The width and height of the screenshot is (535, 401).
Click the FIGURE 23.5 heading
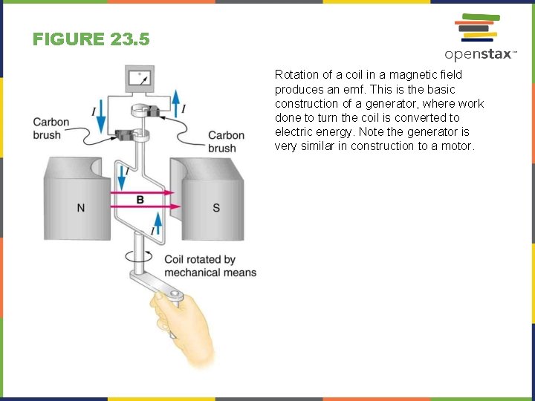tap(91, 39)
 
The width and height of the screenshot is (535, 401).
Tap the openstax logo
tap(479, 37)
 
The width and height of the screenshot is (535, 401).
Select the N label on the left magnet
tap(80, 208)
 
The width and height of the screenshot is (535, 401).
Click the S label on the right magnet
tap(216, 208)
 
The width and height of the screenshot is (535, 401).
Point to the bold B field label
tap(140, 199)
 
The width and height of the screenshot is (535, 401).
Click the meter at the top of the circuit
tap(140, 78)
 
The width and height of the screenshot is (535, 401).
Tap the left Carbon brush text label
tap(51, 128)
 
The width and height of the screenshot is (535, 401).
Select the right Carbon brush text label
tap(226, 141)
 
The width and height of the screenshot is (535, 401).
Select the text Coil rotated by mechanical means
tap(210, 266)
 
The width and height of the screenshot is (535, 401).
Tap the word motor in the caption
tap(456, 146)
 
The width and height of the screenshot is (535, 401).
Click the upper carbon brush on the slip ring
tap(159, 111)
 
